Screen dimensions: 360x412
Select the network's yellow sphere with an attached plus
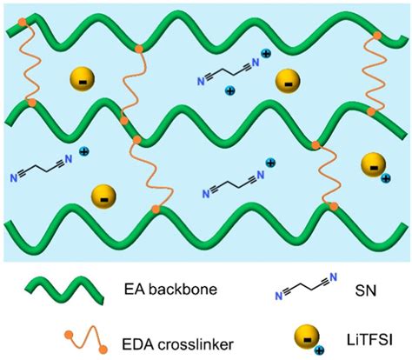[372, 164]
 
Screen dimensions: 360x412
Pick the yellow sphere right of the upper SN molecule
[285, 83]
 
